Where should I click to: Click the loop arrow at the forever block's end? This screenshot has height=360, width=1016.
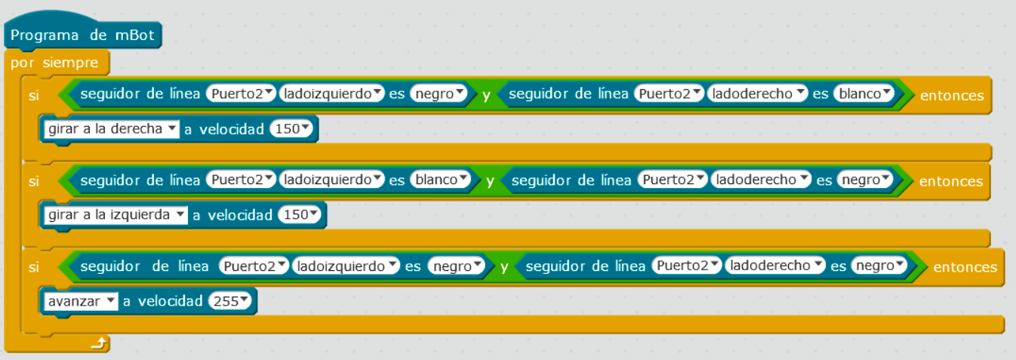(x=98, y=344)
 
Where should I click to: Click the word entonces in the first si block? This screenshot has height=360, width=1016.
(x=951, y=95)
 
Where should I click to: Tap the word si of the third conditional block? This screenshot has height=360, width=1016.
(x=33, y=267)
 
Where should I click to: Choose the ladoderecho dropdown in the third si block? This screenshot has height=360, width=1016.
(x=775, y=266)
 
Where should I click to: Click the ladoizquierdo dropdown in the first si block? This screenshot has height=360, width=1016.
(x=332, y=94)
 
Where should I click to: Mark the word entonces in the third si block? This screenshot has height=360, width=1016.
(x=965, y=267)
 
